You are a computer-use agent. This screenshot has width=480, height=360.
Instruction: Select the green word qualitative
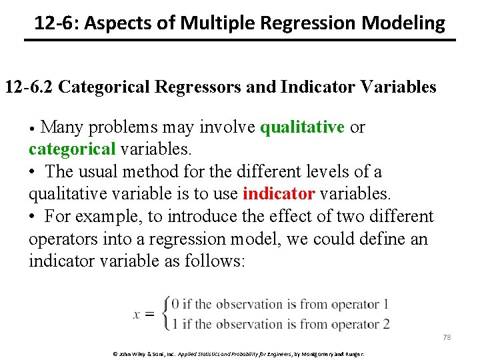(302, 127)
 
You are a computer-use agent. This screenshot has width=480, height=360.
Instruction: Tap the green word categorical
(72, 149)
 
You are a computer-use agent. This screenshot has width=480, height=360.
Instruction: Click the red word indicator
(279, 194)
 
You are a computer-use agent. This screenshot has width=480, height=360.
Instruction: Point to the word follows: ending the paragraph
(211, 261)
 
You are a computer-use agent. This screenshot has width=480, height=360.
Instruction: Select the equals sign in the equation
(151, 315)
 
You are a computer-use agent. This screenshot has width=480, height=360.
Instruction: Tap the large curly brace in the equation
(165, 314)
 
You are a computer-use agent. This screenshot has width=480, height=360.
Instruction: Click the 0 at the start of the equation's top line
(175, 305)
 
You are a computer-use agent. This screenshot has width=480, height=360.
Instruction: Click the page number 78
(447, 337)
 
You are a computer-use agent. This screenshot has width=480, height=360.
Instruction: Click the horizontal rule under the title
(240, 41)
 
